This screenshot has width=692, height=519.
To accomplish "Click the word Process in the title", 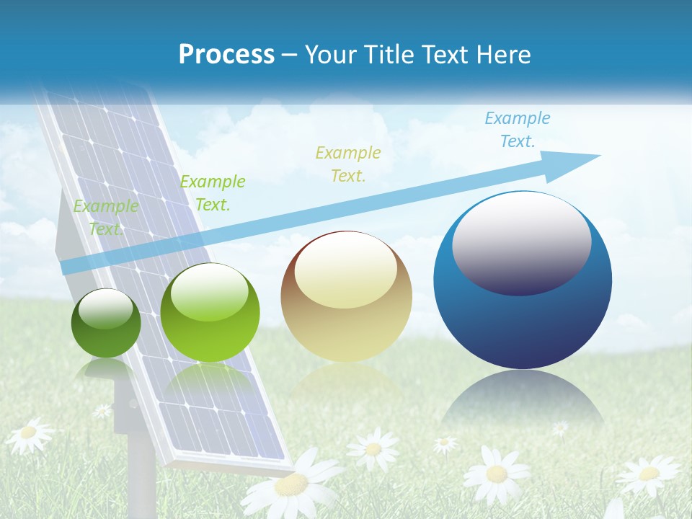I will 226,55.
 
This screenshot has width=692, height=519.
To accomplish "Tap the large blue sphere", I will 523,310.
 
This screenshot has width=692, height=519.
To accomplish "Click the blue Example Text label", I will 517,130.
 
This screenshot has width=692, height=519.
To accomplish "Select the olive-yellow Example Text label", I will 347,164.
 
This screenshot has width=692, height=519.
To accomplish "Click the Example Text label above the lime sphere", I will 213,193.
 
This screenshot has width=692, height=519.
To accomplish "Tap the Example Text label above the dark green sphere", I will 106,217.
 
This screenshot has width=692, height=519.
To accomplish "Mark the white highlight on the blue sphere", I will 522,241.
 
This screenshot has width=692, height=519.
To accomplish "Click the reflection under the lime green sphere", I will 209,382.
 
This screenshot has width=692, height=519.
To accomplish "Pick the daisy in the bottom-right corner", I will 649,474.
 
